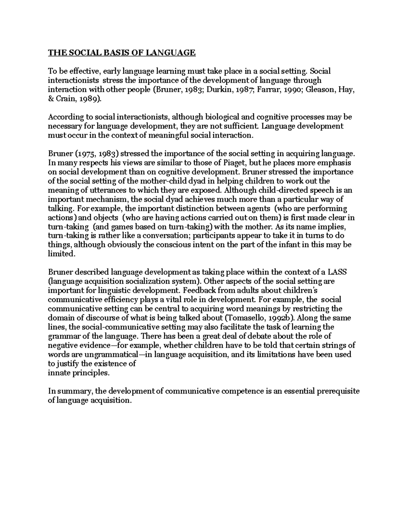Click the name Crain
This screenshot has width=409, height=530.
pyautogui.click(x=66, y=99)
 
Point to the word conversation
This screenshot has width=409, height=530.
pyautogui.click(x=169, y=235)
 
